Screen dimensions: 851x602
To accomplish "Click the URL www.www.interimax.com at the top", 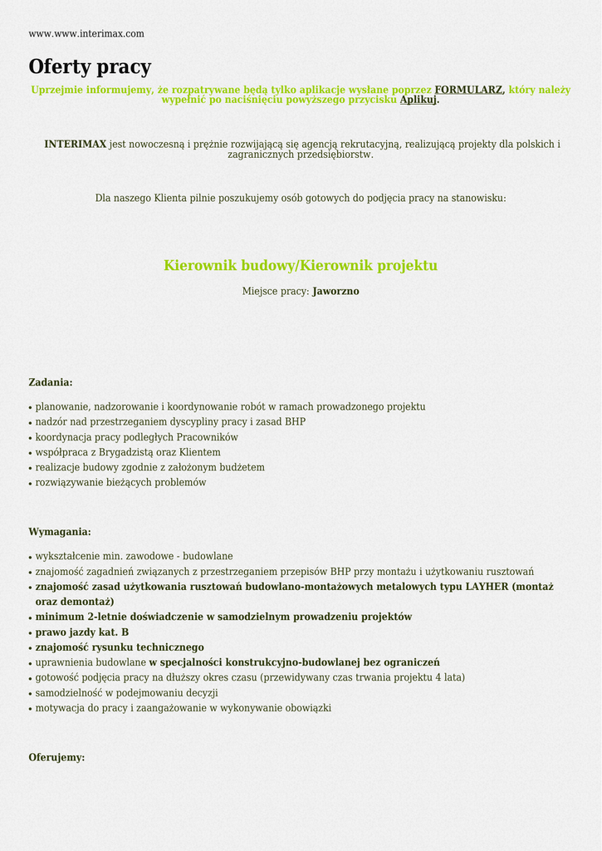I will pyautogui.click(x=86, y=34).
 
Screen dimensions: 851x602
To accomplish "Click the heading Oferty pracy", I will pyautogui.click(x=90, y=66).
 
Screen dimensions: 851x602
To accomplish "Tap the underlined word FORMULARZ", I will pyautogui.click(x=468, y=90).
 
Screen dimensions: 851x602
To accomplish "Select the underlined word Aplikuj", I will pyautogui.click(x=418, y=100).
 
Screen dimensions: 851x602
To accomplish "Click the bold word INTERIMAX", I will pyautogui.click(x=76, y=145).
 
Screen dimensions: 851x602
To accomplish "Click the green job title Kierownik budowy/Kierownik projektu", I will pyautogui.click(x=301, y=266).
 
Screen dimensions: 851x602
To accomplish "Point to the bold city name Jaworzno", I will pyautogui.click(x=335, y=292).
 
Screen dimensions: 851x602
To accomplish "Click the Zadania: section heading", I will pyautogui.click(x=51, y=382).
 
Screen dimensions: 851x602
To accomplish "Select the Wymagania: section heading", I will pyautogui.click(x=60, y=532).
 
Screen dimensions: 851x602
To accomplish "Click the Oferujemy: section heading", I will pyautogui.click(x=56, y=758).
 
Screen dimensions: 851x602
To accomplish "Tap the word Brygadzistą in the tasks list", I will pyautogui.click(x=126, y=452).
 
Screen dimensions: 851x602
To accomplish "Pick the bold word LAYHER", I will pyautogui.click(x=487, y=587).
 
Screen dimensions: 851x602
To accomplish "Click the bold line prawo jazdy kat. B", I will pyautogui.click(x=82, y=632).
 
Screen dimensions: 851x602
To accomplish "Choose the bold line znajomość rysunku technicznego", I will pyautogui.click(x=120, y=647).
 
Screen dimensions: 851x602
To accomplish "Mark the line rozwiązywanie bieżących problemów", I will pyautogui.click(x=120, y=483).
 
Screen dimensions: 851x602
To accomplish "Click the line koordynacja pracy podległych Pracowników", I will pyautogui.click(x=136, y=437).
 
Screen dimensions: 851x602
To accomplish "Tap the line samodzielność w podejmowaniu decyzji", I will pyautogui.click(x=126, y=693).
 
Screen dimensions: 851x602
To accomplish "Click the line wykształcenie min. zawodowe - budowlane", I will pyautogui.click(x=134, y=556).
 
